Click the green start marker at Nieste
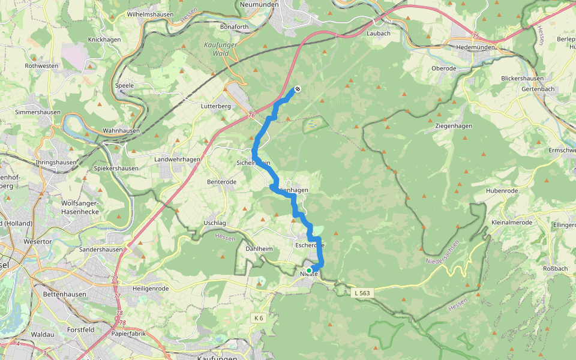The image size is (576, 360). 309,271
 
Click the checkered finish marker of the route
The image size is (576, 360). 296,90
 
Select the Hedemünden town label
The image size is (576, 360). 473,46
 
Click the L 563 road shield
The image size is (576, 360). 362,292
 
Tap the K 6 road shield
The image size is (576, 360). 258,317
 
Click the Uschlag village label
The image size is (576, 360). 214,223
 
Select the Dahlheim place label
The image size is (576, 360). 260,248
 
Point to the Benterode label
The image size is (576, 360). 221,182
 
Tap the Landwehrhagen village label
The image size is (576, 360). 177,159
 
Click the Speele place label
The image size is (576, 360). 124,85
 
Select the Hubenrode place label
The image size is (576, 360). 502,191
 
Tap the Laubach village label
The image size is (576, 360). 379,34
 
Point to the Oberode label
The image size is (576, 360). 444,68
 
